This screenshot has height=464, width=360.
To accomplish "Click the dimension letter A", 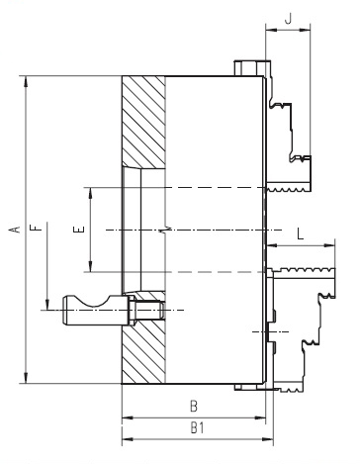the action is click(x=16, y=230).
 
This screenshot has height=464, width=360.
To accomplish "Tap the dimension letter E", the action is click(x=79, y=230).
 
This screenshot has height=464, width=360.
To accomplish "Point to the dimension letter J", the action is click(x=289, y=19).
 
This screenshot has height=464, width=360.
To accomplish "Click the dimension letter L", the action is click(x=300, y=233).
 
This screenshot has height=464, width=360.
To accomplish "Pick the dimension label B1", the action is click(x=198, y=427).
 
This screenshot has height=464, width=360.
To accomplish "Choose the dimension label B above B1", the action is click(x=194, y=406).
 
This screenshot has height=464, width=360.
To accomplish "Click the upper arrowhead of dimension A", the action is click(x=26, y=81).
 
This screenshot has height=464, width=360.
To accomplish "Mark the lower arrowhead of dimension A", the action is click(x=26, y=378).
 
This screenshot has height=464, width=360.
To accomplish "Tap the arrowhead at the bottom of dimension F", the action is click(x=47, y=305).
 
